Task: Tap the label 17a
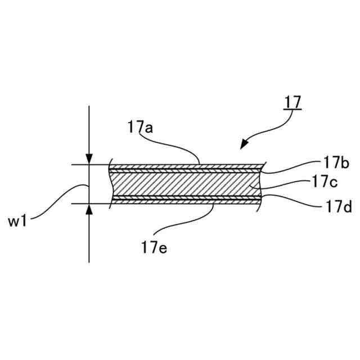coord(140,128)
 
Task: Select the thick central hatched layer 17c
coord(186,184)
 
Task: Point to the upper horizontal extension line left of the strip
coord(90,165)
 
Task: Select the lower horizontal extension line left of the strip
coord(90,203)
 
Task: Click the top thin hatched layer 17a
coord(186,167)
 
